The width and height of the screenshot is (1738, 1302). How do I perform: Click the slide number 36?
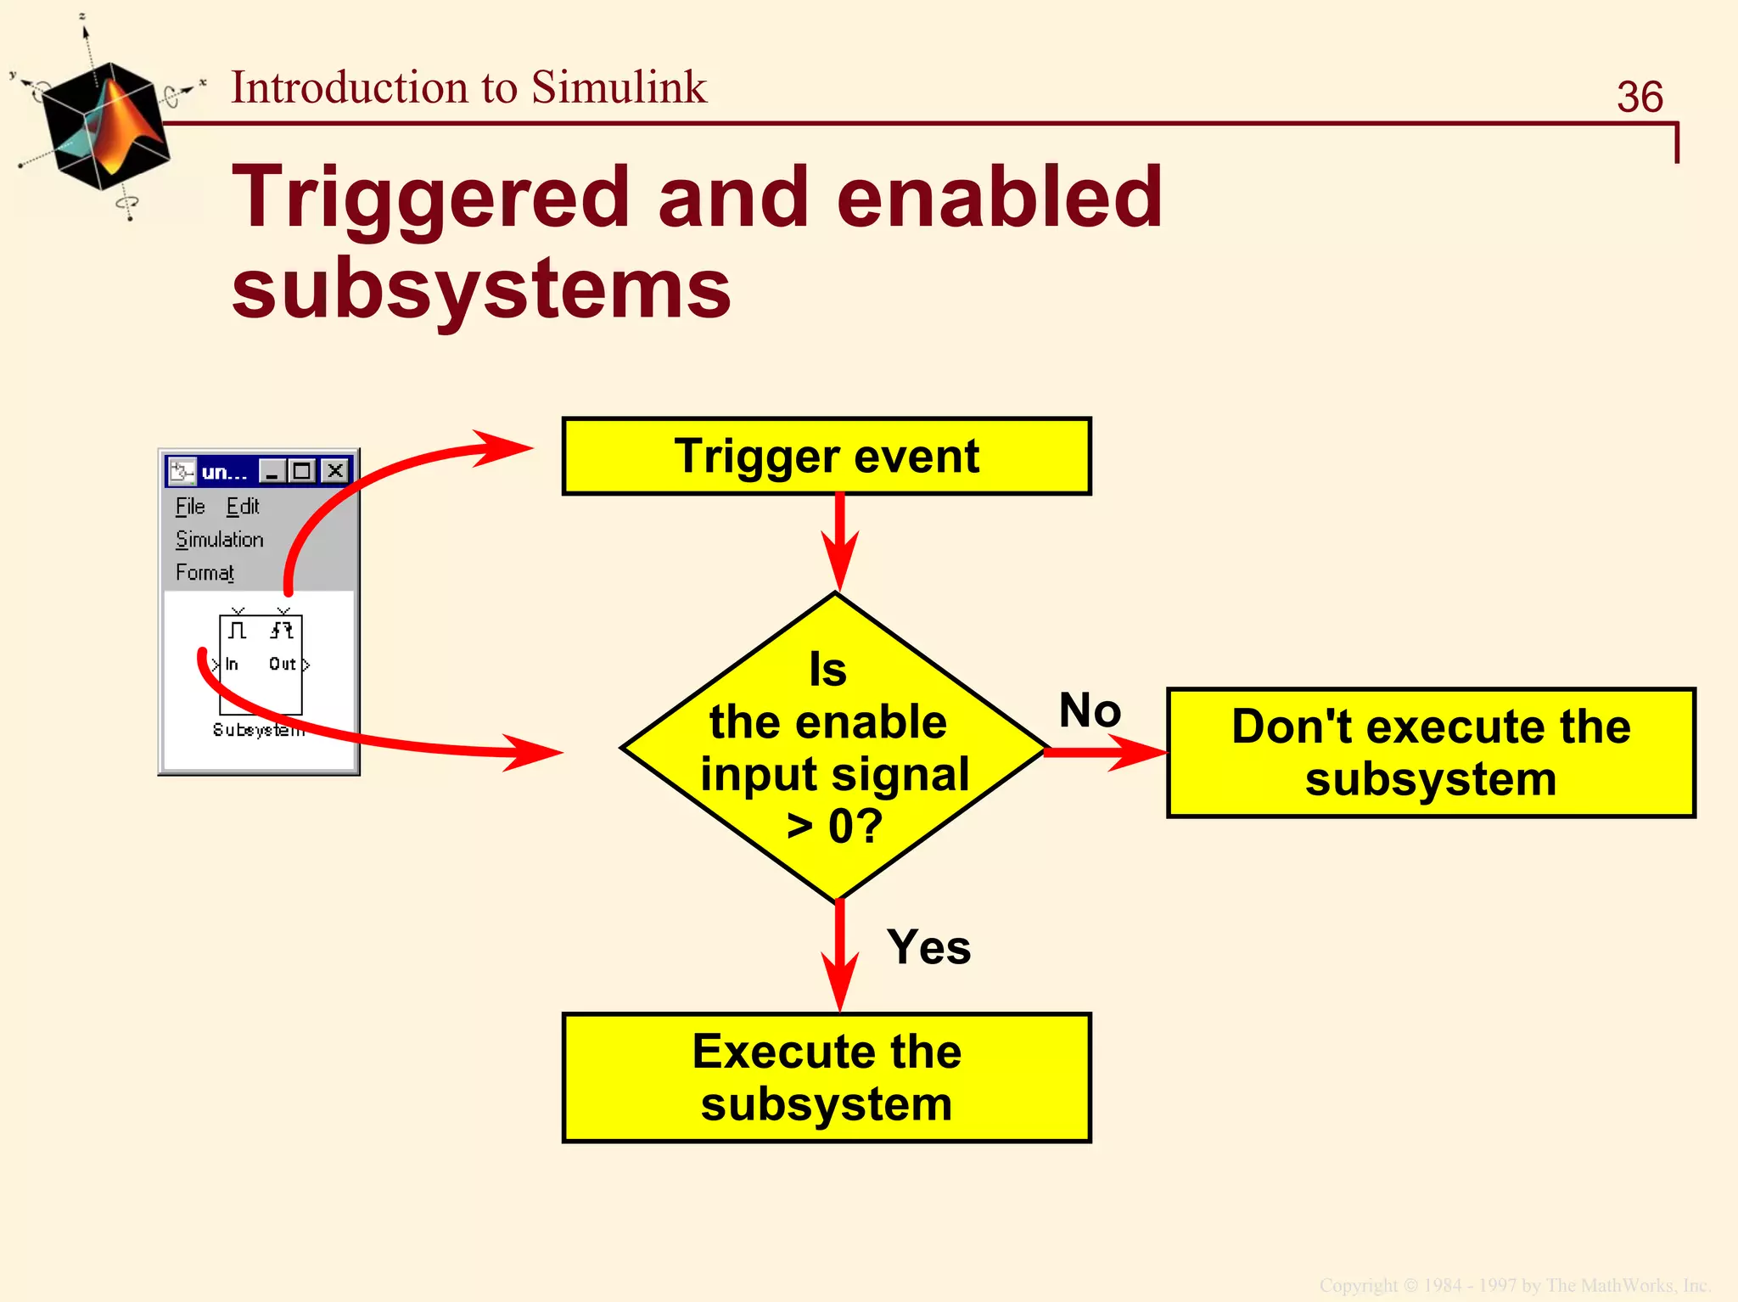[1639, 97]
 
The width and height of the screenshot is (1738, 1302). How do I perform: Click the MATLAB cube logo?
[104, 126]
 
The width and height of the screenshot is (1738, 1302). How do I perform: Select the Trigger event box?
[826, 457]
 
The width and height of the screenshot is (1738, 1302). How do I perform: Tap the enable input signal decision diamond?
[833, 747]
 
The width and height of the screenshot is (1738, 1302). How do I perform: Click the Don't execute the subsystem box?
[1430, 753]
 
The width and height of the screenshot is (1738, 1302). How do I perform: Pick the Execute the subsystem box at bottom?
[826, 1077]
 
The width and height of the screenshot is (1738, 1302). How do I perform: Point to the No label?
[1090, 710]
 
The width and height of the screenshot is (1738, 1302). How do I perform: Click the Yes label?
[928, 947]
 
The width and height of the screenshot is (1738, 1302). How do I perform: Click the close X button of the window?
[336, 470]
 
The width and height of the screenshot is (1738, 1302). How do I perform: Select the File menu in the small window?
[190, 507]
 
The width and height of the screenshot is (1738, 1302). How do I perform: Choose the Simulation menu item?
[219, 540]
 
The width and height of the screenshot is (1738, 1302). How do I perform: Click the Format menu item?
[205, 573]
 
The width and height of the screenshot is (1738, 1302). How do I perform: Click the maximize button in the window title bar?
[302, 470]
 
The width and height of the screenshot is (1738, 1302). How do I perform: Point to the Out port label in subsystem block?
[282, 664]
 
